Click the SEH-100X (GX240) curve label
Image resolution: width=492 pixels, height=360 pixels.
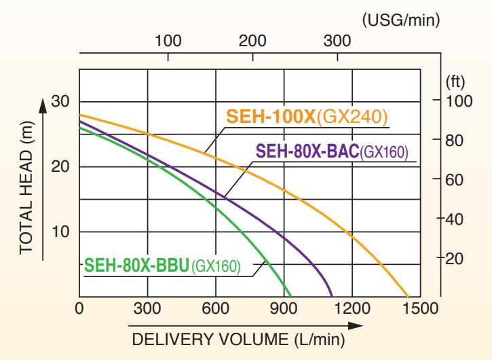(x=307, y=118)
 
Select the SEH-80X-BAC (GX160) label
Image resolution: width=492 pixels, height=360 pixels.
(x=333, y=151)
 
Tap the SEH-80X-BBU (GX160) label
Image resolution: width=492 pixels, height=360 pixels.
(x=162, y=266)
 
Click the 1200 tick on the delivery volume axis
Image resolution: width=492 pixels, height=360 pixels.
(x=352, y=308)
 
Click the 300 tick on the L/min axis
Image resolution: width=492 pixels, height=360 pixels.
(x=147, y=308)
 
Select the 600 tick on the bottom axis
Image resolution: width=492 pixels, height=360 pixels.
(x=215, y=308)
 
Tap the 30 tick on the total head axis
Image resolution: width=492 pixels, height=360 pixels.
(x=61, y=102)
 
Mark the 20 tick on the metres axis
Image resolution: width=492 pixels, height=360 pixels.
(x=61, y=167)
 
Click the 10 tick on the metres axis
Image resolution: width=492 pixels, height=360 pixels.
(x=61, y=232)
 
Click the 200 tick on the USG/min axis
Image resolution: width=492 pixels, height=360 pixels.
(x=252, y=41)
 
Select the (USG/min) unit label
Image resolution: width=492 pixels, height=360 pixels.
(x=401, y=19)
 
